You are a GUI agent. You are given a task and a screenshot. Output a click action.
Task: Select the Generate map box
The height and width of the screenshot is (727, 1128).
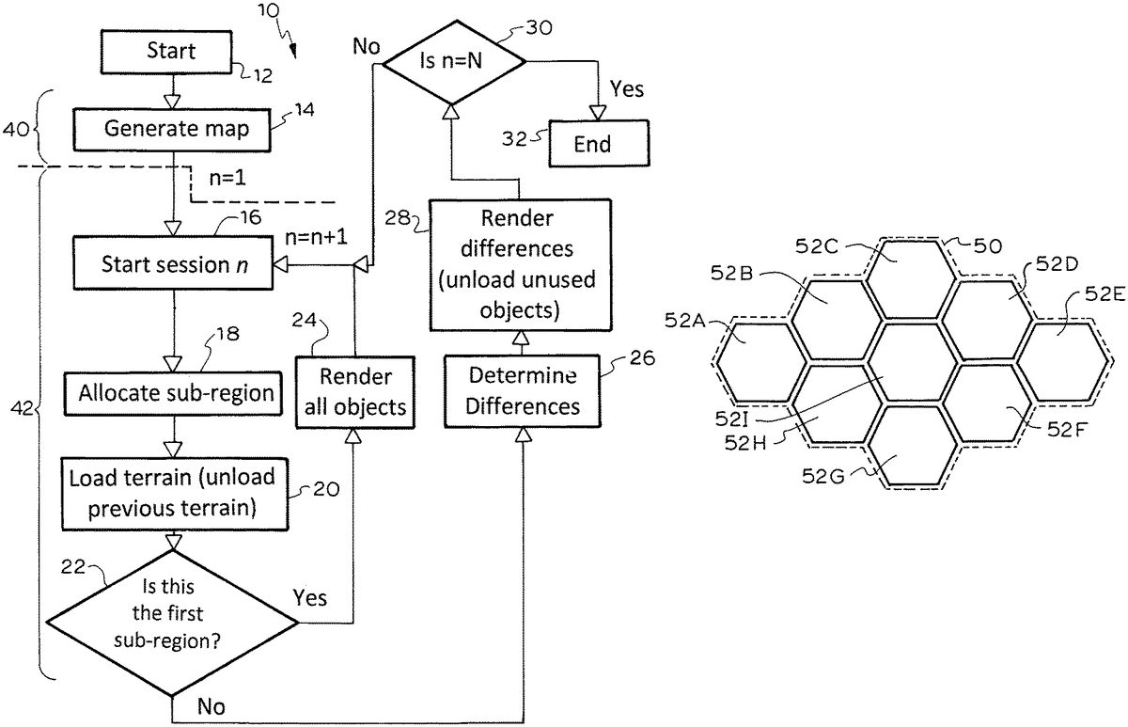tap(177, 129)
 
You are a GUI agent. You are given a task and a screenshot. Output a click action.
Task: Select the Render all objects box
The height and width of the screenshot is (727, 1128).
tap(354, 391)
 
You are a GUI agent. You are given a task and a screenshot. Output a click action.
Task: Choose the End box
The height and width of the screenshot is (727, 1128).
tap(592, 144)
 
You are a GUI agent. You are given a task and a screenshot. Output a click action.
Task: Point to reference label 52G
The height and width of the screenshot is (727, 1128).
tap(823, 477)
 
